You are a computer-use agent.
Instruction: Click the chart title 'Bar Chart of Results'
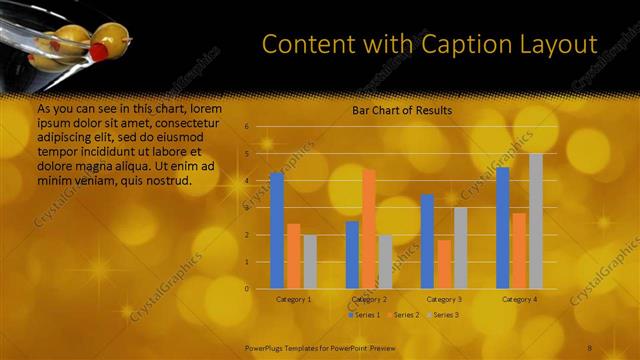coord(402,110)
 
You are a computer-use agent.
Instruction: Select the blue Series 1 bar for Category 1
coord(277,230)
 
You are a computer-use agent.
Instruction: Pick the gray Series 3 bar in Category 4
coord(536,221)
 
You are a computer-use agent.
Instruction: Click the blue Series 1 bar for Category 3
coord(427,241)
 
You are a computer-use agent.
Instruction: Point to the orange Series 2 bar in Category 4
coord(519,250)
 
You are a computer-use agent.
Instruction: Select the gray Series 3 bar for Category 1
coord(310,261)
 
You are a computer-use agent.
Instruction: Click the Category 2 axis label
coord(369,299)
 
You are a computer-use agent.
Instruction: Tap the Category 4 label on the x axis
coord(519,299)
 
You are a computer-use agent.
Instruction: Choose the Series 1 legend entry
coord(365,315)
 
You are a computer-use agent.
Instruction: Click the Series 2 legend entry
coord(404,315)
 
